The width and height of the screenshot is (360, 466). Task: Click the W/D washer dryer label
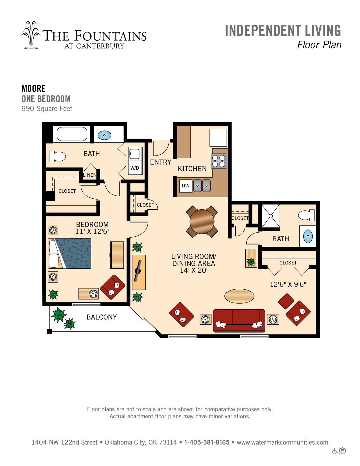coord(134,168)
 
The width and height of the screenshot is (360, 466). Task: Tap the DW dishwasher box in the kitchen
coord(186,186)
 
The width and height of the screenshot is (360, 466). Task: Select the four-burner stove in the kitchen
coord(219,161)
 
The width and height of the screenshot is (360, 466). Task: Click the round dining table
coord(202,222)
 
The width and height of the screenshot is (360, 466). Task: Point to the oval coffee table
coord(239,296)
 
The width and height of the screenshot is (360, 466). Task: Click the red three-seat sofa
coord(239,321)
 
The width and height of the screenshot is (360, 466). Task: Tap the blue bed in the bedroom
coord(70,253)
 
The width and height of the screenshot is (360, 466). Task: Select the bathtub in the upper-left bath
coord(72,134)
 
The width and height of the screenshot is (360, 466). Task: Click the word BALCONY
coord(101,317)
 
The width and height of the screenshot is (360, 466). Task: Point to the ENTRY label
coord(160,162)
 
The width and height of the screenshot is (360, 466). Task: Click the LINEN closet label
coord(90,175)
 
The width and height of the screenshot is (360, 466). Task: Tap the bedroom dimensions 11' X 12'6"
coord(92,231)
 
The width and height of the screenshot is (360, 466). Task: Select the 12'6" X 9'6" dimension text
coord(288,284)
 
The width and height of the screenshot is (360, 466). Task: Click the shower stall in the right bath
coord(270,216)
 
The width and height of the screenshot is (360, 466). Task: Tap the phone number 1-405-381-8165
coord(207,442)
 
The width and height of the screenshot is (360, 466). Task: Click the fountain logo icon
coord(31,35)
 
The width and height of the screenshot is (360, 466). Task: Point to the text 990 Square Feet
coord(47,108)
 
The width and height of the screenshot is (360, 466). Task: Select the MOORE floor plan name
coord(34,89)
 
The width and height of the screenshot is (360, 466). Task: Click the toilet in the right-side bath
coord(306,215)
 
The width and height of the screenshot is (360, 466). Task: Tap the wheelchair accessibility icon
coord(335,452)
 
